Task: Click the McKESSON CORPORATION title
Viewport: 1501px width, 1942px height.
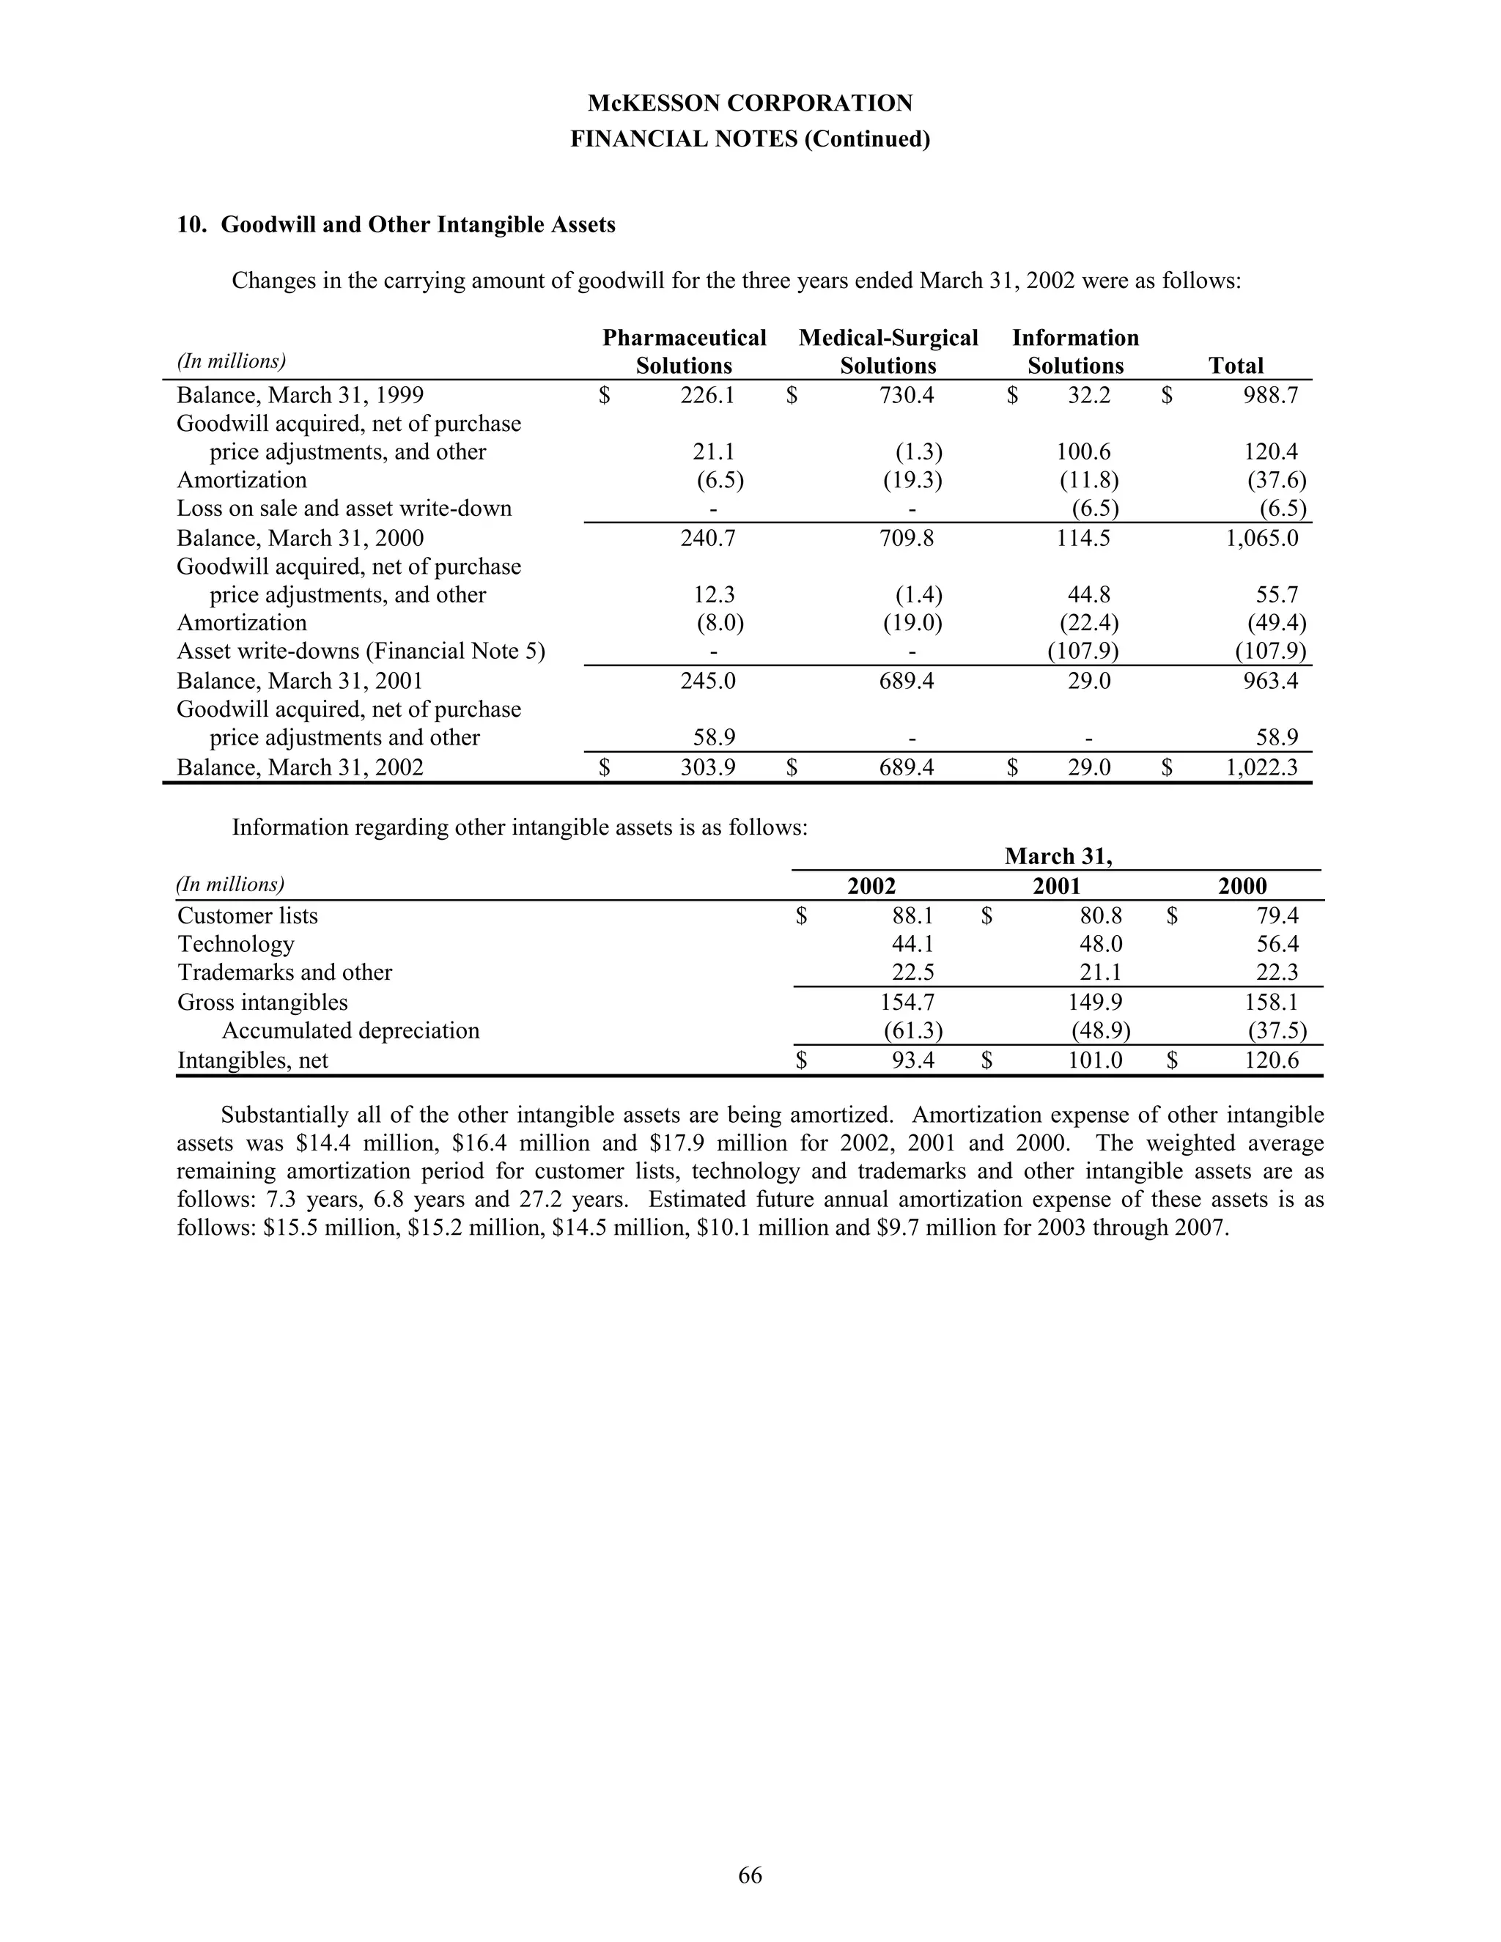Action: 750,103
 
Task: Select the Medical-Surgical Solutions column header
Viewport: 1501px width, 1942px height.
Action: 888,351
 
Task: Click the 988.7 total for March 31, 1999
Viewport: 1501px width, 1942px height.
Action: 1270,395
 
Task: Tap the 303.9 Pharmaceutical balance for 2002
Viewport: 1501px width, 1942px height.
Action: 708,767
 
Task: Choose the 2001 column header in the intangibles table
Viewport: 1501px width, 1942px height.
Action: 1056,886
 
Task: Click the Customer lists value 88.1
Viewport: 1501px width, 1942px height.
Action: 912,916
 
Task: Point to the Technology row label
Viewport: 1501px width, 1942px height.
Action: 236,945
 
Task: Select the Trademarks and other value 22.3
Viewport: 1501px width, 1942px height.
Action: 1277,972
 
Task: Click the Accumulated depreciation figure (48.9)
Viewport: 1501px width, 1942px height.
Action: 1100,1030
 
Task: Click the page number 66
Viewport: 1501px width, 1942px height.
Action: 750,1875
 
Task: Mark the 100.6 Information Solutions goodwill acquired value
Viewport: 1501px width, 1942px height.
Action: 1083,451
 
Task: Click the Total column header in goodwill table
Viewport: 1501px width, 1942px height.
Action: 1235,366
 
